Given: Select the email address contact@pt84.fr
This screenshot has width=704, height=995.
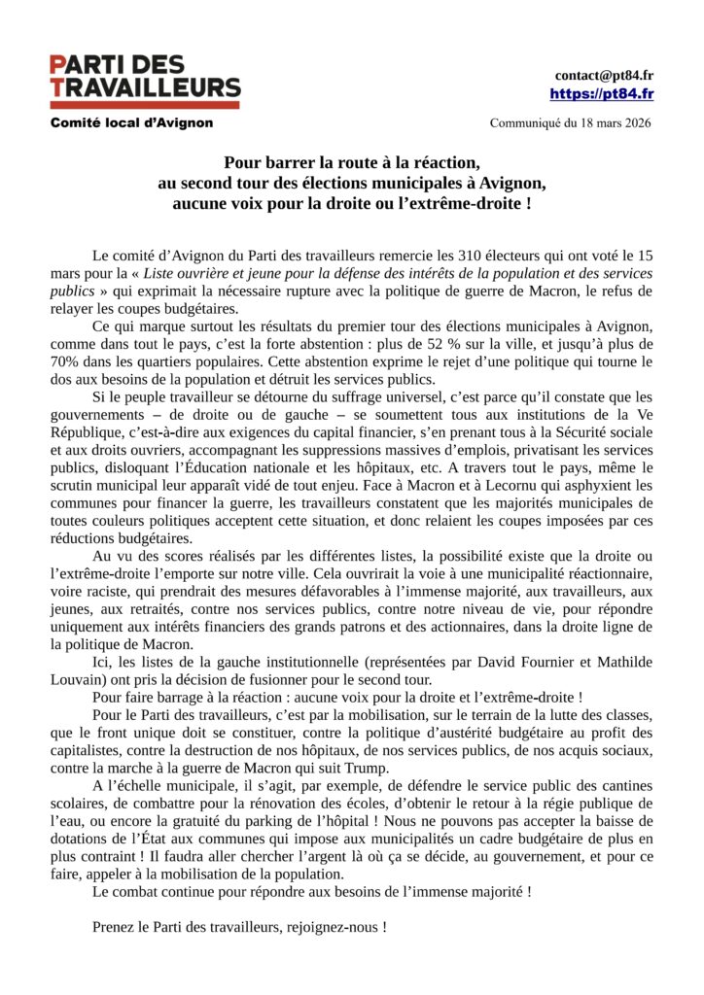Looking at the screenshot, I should pyautogui.click(x=603, y=75).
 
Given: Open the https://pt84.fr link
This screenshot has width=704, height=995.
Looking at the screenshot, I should pyautogui.click(x=601, y=94).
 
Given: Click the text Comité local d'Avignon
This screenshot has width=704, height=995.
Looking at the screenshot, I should pyautogui.click(x=131, y=123).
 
